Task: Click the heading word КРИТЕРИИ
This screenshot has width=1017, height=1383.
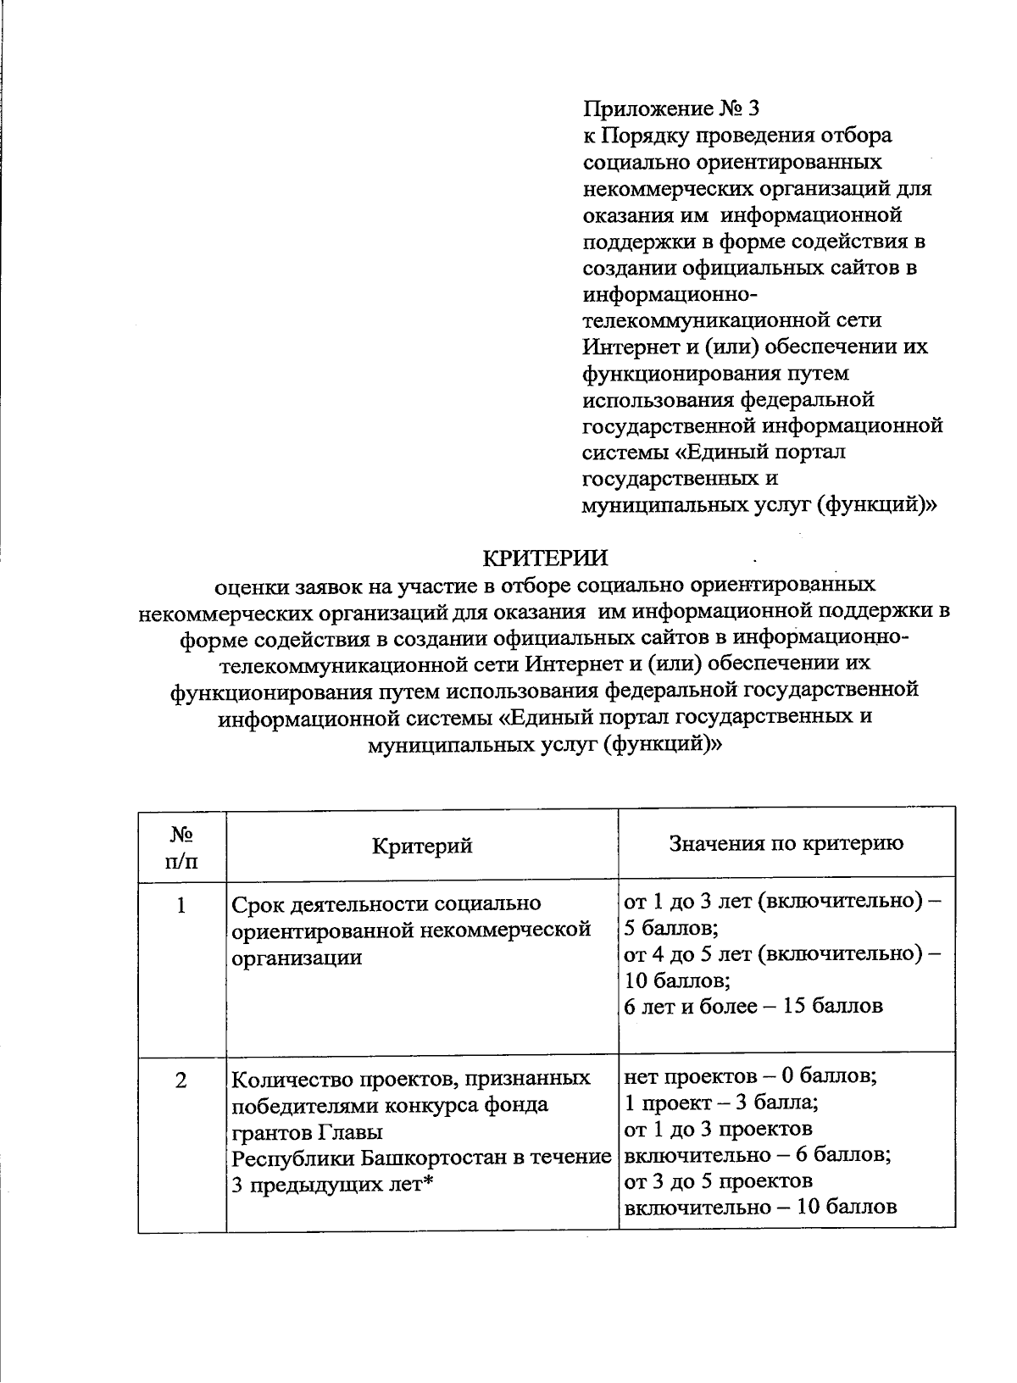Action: [x=545, y=558]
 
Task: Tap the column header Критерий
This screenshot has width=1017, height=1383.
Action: [x=422, y=845]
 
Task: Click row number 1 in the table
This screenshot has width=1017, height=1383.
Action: [x=181, y=906]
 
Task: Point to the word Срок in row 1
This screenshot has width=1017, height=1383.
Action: [x=256, y=904]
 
